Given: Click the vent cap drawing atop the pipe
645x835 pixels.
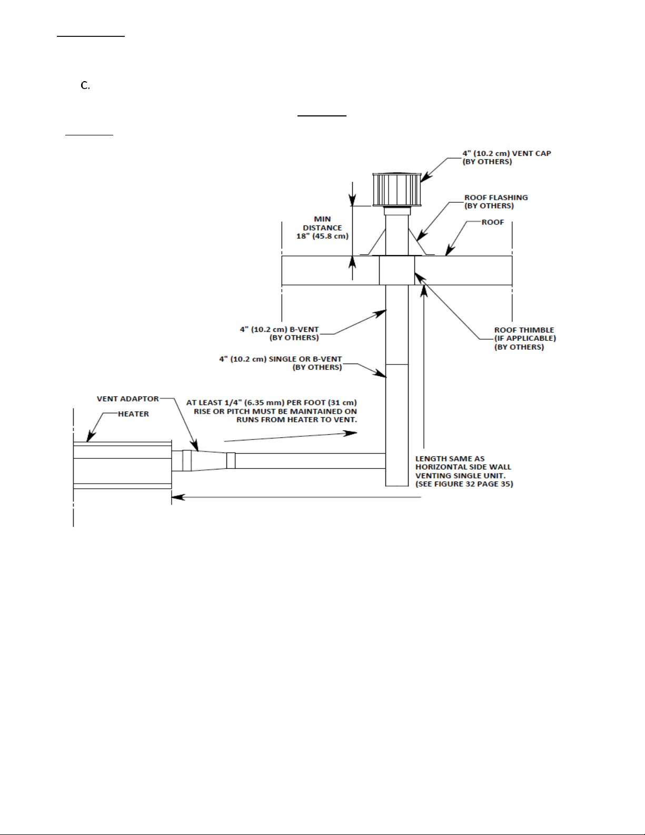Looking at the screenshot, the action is (x=396, y=190).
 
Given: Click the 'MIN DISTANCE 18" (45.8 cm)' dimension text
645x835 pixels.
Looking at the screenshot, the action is (x=322, y=228).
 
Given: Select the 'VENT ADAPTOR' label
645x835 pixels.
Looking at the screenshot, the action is (x=128, y=399).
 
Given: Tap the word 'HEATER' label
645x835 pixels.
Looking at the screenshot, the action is (x=133, y=414).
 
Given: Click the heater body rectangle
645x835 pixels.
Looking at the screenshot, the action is (x=123, y=465).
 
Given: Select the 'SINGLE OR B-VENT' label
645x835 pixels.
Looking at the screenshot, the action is (x=305, y=359).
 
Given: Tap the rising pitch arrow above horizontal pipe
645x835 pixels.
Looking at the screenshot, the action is (x=291, y=437).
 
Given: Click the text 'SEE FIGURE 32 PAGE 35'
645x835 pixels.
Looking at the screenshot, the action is (x=464, y=484).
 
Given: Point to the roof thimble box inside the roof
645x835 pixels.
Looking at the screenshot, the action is (x=397, y=271).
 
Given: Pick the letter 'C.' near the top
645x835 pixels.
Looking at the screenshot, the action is (x=85, y=85).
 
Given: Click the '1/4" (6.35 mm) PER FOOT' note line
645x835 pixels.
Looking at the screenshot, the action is (x=272, y=402).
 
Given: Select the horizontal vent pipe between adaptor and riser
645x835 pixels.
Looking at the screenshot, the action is (x=310, y=461).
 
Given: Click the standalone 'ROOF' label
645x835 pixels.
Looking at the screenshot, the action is (x=493, y=222).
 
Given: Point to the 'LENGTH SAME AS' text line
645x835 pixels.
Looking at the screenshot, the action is (x=450, y=458).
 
